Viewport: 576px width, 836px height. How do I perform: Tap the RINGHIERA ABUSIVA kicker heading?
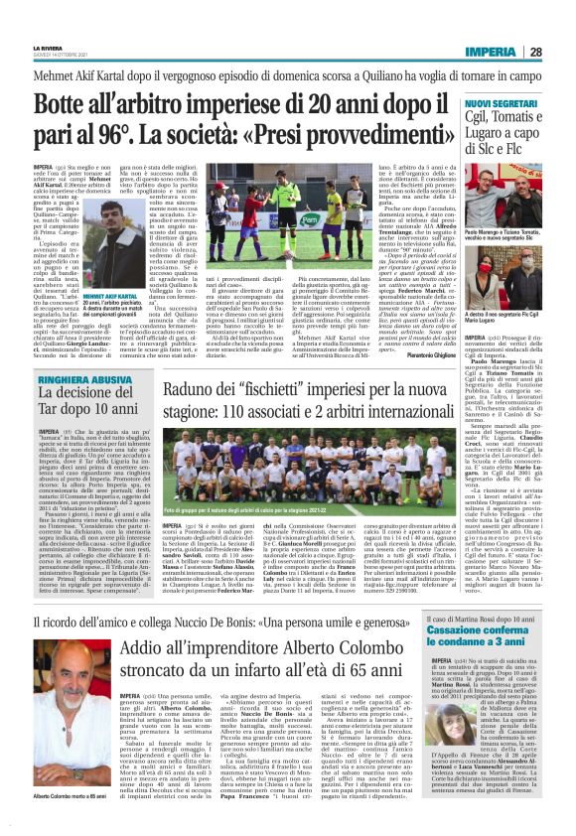coord(79,378)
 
